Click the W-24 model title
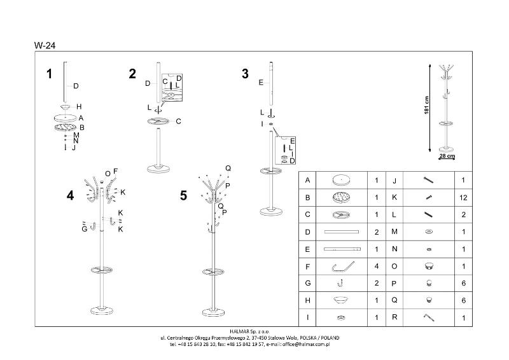[45, 45]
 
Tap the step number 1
[50, 74]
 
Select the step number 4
[70, 196]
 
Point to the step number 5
[184, 196]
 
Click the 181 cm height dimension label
[426, 105]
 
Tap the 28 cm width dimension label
[447, 156]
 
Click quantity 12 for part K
[463, 198]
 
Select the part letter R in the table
[394, 317]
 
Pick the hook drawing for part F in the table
[343, 267]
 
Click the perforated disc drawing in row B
[341, 197]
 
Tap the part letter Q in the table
[394, 300]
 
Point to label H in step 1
[79, 106]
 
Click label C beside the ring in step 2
[178, 121]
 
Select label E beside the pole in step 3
[261, 83]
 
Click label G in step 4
[85, 229]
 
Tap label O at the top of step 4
[108, 174]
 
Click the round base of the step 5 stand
[213, 313]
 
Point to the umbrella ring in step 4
[102, 270]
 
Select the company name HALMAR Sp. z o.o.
[249, 331]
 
